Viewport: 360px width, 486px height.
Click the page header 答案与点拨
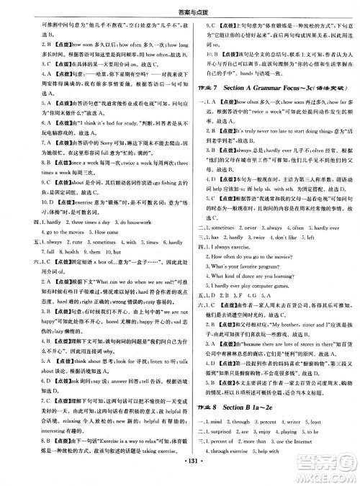click(x=179, y=6)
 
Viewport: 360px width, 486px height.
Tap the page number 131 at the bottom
click(x=180, y=477)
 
